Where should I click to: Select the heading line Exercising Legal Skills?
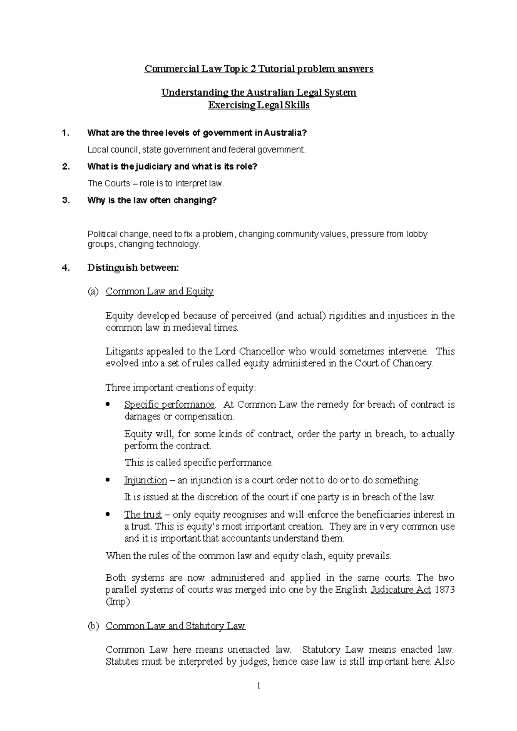pos(258,105)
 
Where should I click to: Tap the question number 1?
pos(65,133)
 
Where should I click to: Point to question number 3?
pos(65,201)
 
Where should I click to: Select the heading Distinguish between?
pos(133,268)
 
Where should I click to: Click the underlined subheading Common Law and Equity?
pos(159,291)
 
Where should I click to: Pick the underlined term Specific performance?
pos(169,405)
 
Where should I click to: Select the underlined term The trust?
pos(143,514)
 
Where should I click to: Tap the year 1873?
pos(444,590)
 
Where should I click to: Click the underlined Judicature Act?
pos(401,590)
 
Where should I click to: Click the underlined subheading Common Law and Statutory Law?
pos(175,626)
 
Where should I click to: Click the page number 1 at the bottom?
pos(258,686)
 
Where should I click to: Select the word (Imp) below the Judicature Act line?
pos(117,602)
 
